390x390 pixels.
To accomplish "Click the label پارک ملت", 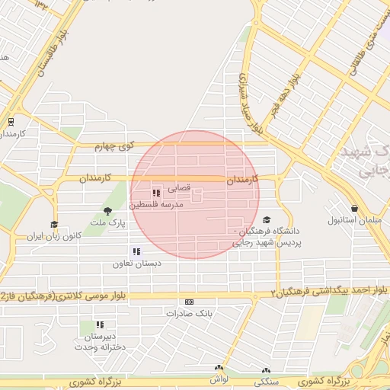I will pos(107,222).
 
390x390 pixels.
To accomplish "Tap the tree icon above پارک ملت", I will pos(107,210).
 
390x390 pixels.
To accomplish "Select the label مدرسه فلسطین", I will pos(155,205).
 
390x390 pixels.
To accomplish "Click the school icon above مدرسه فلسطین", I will pos(157,193).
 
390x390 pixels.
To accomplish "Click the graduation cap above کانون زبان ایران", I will pos(54,225).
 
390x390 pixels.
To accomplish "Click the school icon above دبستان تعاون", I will pos(136,251).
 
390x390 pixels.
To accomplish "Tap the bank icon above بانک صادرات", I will pos(189,302).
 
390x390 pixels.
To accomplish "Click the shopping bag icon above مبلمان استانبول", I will pos(354,208).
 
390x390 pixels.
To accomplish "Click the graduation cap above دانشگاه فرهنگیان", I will pos(266,219).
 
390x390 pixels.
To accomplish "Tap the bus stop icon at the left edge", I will pos(11,121).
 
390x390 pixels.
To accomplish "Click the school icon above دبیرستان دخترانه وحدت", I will pos(100,324).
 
